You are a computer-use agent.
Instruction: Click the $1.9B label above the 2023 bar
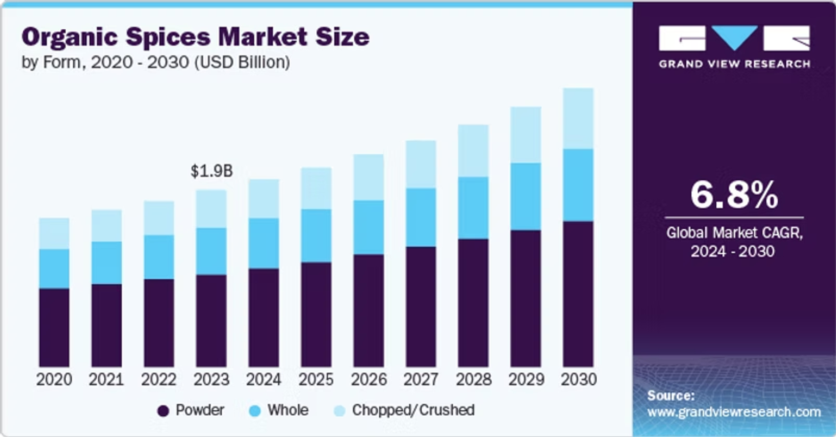212,171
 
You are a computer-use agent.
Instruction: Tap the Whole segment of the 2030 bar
578,185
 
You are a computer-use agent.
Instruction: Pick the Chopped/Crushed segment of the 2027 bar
421,164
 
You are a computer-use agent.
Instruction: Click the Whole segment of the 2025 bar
316,235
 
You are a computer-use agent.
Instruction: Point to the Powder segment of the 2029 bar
525,298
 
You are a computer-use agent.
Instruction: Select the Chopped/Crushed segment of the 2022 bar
159,218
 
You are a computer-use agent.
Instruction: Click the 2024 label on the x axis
263,379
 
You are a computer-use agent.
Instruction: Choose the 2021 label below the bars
106,379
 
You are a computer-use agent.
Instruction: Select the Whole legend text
288,410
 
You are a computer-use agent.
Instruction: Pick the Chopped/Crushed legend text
413,410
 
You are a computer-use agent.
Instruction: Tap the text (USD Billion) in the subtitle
242,62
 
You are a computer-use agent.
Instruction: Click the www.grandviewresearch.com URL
734,412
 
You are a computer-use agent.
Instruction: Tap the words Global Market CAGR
734,233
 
